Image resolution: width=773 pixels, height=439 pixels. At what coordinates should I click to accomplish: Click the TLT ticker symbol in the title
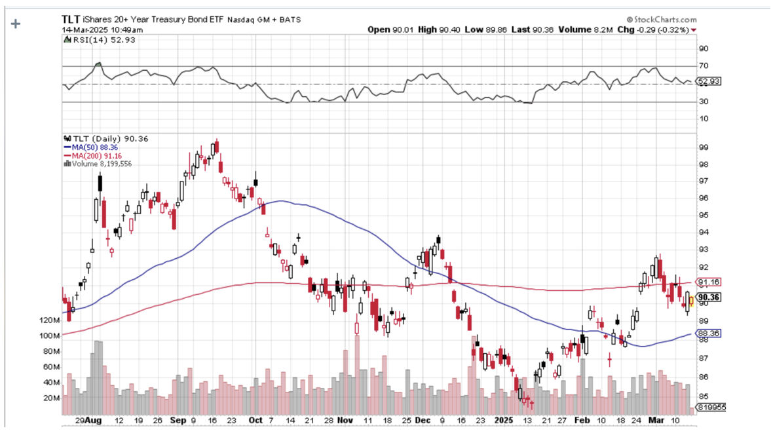coord(71,20)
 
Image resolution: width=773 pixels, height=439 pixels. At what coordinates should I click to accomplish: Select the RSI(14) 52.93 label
coord(90,39)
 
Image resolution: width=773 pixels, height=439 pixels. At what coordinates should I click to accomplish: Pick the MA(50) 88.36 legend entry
coord(90,147)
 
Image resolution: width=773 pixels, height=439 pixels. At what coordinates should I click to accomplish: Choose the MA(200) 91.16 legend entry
coord(92,155)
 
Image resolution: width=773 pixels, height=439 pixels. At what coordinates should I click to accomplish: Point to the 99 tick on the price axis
coord(703,147)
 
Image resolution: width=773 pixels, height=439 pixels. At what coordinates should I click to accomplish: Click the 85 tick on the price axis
coord(703,396)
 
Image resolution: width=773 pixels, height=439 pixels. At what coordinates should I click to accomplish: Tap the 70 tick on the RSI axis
coord(703,66)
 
